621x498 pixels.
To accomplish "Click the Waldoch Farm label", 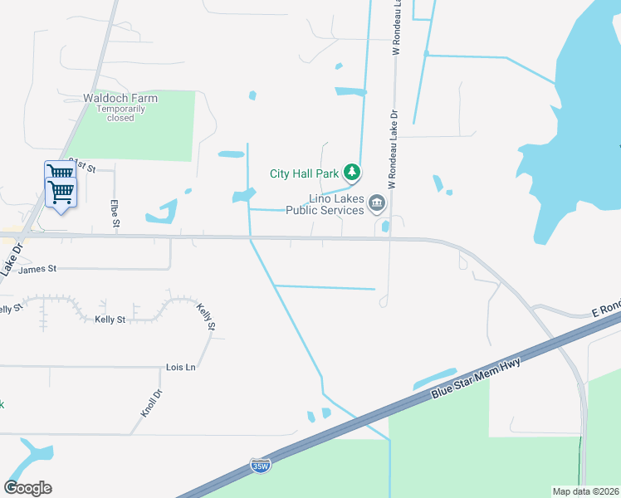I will (120, 98).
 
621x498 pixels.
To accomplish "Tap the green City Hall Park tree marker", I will (353, 173).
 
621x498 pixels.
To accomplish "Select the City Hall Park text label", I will (304, 173).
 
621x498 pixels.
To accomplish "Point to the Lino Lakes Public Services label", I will (325, 204).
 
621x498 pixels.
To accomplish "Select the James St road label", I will (37, 269).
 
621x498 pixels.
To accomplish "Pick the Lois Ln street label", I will (180, 366).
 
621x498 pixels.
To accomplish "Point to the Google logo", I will (27, 488).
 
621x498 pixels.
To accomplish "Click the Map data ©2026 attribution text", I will (585, 491).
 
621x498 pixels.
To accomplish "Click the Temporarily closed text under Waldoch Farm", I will (120, 113).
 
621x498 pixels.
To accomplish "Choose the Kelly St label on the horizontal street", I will (110, 319).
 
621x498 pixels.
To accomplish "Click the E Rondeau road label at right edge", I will (605, 307).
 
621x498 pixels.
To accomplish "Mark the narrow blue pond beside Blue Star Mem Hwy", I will (435, 378).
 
